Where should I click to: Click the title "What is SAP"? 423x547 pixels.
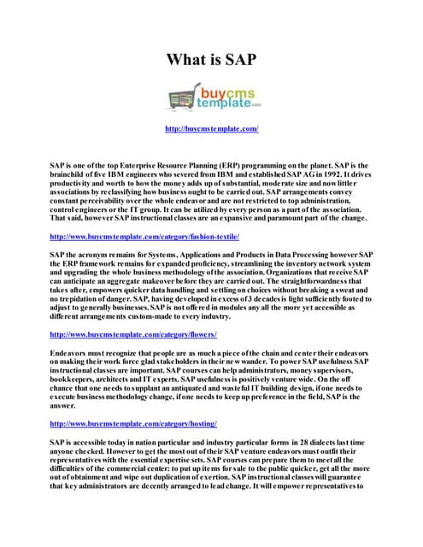211,60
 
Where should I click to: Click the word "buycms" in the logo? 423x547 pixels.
221,89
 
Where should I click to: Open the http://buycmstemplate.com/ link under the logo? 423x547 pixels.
211,129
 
